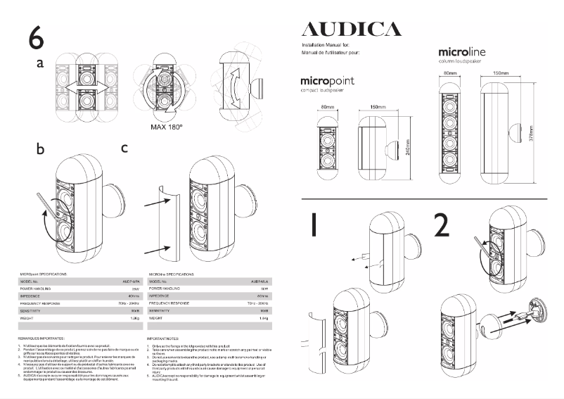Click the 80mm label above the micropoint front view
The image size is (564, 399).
pyautogui.click(x=328, y=107)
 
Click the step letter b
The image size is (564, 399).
pyautogui.click(x=41, y=150)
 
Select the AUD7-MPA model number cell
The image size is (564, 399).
pyautogui.click(x=127, y=280)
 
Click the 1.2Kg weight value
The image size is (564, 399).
pyautogui.click(x=128, y=318)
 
